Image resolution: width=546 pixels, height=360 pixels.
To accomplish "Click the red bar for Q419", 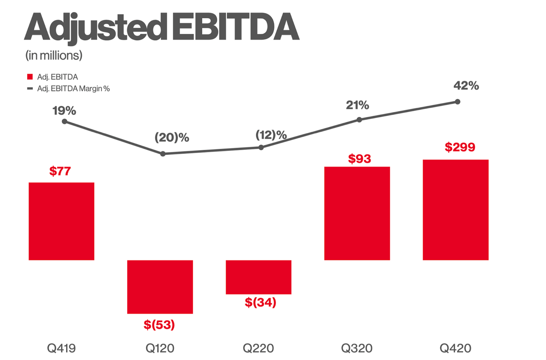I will click(61, 221).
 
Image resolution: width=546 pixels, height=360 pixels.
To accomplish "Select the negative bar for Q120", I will click(160, 287).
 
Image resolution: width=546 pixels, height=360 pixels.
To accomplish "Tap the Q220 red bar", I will click(258, 277).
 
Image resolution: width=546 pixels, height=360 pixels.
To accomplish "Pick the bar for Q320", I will click(357, 213).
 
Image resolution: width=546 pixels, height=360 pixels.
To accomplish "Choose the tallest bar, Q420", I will click(456, 209).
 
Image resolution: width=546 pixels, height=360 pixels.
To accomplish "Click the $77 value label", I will click(60, 171).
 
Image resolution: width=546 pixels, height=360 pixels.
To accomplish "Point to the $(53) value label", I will click(159, 325).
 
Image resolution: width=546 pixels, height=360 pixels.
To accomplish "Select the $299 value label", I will click(460, 147).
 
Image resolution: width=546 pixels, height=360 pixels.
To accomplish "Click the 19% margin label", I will click(64, 111).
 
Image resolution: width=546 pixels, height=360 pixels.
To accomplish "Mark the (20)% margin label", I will click(171, 138).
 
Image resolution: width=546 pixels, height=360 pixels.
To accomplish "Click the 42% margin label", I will click(466, 86).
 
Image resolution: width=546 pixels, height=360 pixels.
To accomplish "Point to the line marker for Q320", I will click(359, 120).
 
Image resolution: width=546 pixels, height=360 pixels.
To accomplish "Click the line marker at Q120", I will click(163, 154).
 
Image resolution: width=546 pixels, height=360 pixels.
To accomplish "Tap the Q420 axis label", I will click(456, 348).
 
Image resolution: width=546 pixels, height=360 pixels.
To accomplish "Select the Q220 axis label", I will click(258, 348).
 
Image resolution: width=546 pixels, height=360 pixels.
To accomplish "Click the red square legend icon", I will click(30, 77).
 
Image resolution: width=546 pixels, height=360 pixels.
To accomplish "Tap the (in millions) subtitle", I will click(53, 55).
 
